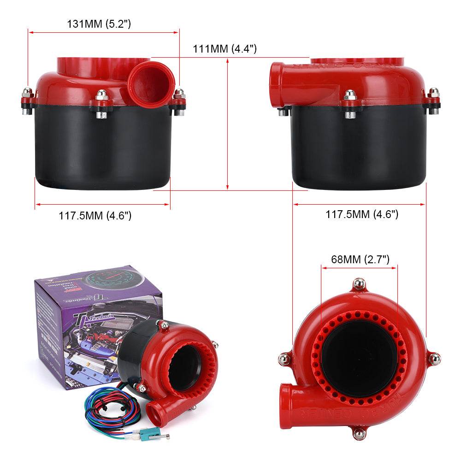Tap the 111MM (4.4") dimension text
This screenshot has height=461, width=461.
coord(225,49)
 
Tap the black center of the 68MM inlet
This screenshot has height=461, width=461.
coord(359,353)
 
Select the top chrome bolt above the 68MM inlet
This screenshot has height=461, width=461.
coord(359,283)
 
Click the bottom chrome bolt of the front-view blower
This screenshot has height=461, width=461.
coord(359,433)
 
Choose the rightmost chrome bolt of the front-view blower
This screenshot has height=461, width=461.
coord(434,358)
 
